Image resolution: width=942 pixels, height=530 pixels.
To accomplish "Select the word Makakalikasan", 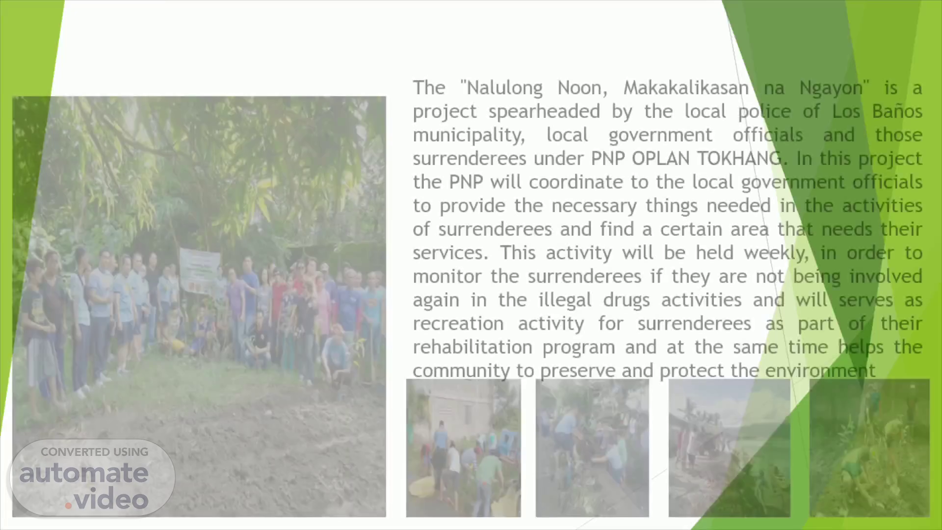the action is (x=686, y=88).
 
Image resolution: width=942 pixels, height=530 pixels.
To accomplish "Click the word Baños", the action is (x=897, y=111).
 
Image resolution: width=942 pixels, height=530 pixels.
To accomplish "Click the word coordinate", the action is (x=576, y=182).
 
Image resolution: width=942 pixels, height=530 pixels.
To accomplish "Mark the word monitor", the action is (x=447, y=276).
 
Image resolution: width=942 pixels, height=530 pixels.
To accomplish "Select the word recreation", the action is (x=458, y=323).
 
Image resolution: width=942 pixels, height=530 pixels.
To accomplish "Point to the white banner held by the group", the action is (x=199, y=270).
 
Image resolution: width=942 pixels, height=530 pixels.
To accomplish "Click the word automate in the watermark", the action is (x=84, y=474).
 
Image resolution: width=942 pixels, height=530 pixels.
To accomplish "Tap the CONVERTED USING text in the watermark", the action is (x=95, y=452).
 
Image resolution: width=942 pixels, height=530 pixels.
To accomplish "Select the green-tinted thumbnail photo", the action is (x=869, y=448).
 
